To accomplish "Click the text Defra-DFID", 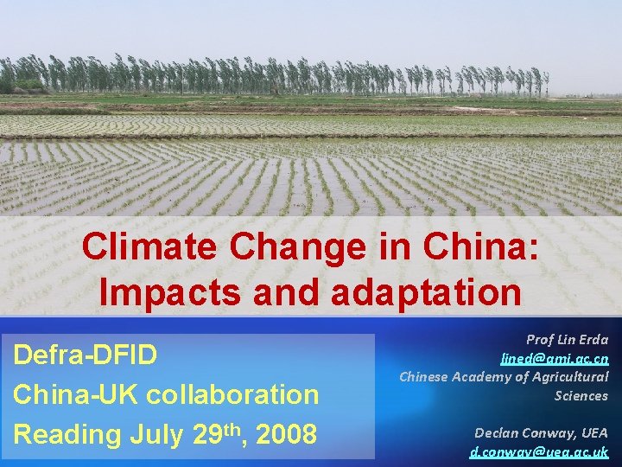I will pos(86,355).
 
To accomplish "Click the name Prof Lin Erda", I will pos(567,339).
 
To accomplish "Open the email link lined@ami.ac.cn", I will pos(555,358).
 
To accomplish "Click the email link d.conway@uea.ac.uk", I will pos(539,451).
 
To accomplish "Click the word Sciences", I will pos(581,395).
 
